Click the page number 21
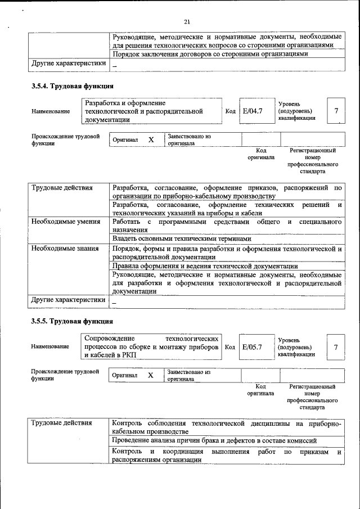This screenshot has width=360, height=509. coord(187,22)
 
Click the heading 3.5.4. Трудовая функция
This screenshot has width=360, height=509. coord(72,87)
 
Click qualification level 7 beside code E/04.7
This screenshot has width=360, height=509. coord(336,111)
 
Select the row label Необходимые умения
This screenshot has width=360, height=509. coord(62,222)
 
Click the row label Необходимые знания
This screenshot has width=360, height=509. coord(62,248)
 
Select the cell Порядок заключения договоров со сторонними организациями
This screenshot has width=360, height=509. coord(210,54)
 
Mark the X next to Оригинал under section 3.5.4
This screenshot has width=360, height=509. coord(151,139)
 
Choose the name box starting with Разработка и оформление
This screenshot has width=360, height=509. coord(151,111)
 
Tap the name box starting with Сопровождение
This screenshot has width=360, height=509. coord(151,347)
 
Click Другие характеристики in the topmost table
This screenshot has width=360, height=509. coord(68,64)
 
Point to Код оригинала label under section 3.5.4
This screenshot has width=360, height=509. coord(260,154)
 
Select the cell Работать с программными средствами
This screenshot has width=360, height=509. coord(227,226)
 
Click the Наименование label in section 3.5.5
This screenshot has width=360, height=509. coord(51,347)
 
